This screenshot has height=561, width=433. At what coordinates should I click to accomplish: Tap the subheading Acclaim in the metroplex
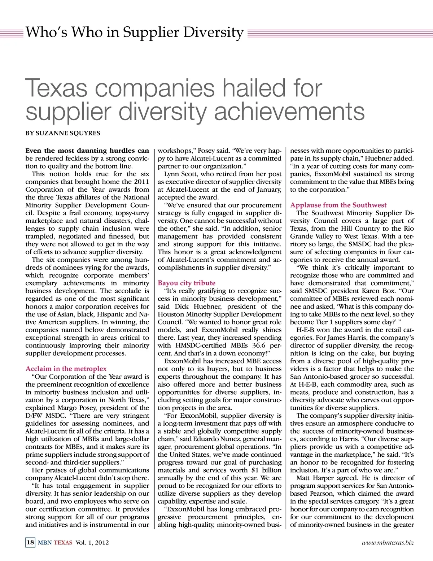click(66, 369)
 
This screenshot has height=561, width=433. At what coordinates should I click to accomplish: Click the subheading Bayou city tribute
click(187, 283)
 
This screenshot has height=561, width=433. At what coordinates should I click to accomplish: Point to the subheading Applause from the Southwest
click(338, 205)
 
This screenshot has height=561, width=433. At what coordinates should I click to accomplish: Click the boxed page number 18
click(30, 543)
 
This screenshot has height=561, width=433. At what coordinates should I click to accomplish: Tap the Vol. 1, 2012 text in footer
click(92, 543)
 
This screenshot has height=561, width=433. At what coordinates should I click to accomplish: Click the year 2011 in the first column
click(141, 182)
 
